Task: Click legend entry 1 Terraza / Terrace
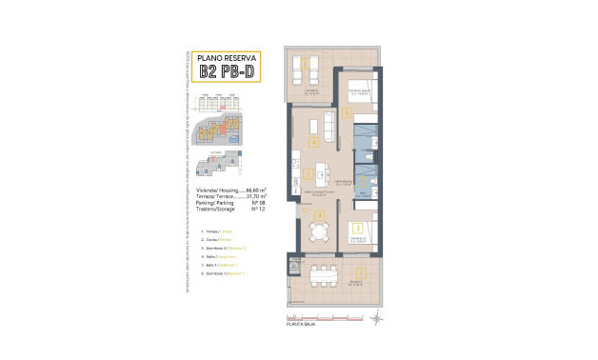click(x=215, y=232)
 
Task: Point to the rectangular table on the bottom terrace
click(x=325, y=275)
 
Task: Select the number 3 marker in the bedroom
click(x=356, y=229)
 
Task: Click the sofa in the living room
click(x=328, y=124)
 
